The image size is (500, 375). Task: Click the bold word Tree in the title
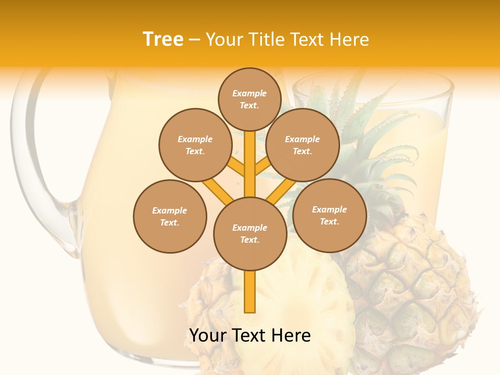[x=163, y=40]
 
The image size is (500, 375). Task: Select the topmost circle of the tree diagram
[x=249, y=99]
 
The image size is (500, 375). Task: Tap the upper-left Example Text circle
[x=195, y=145]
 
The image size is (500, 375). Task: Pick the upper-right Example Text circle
[x=303, y=145]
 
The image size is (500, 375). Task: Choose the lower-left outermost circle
[x=170, y=216]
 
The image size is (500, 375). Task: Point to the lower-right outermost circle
[x=329, y=215]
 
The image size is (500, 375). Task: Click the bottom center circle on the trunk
[x=250, y=233]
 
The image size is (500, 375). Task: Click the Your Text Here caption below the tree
[x=250, y=335]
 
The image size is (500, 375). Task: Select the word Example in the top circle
[x=249, y=94]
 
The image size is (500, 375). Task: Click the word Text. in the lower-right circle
[x=329, y=221]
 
